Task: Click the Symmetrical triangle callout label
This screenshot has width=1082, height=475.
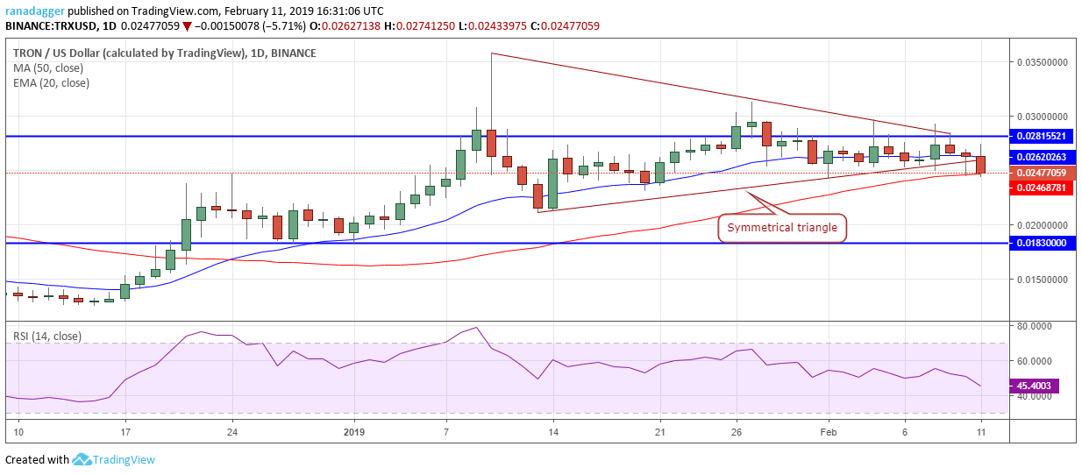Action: tap(782, 229)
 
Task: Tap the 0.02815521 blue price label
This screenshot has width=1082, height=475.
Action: tap(1043, 137)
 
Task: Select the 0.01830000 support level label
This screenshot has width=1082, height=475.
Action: tap(1043, 243)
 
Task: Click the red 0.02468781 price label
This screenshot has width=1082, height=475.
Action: tap(1043, 188)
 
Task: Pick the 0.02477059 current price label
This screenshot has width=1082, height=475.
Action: tap(1043, 174)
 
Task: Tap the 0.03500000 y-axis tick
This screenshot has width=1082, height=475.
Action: tap(1042, 63)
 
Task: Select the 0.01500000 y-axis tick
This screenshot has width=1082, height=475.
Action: tap(1042, 280)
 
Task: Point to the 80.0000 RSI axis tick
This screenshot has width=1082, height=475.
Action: tap(1036, 326)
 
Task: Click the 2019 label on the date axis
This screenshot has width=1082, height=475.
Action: tap(353, 432)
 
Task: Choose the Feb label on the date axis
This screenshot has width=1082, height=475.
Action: tap(827, 432)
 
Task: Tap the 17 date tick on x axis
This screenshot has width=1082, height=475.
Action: tap(125, 432)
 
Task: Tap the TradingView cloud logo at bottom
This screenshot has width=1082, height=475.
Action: tap(82, 460)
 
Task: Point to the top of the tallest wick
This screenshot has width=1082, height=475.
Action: tap(491, 54)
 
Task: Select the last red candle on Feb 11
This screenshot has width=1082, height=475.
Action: tap(980, 164)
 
